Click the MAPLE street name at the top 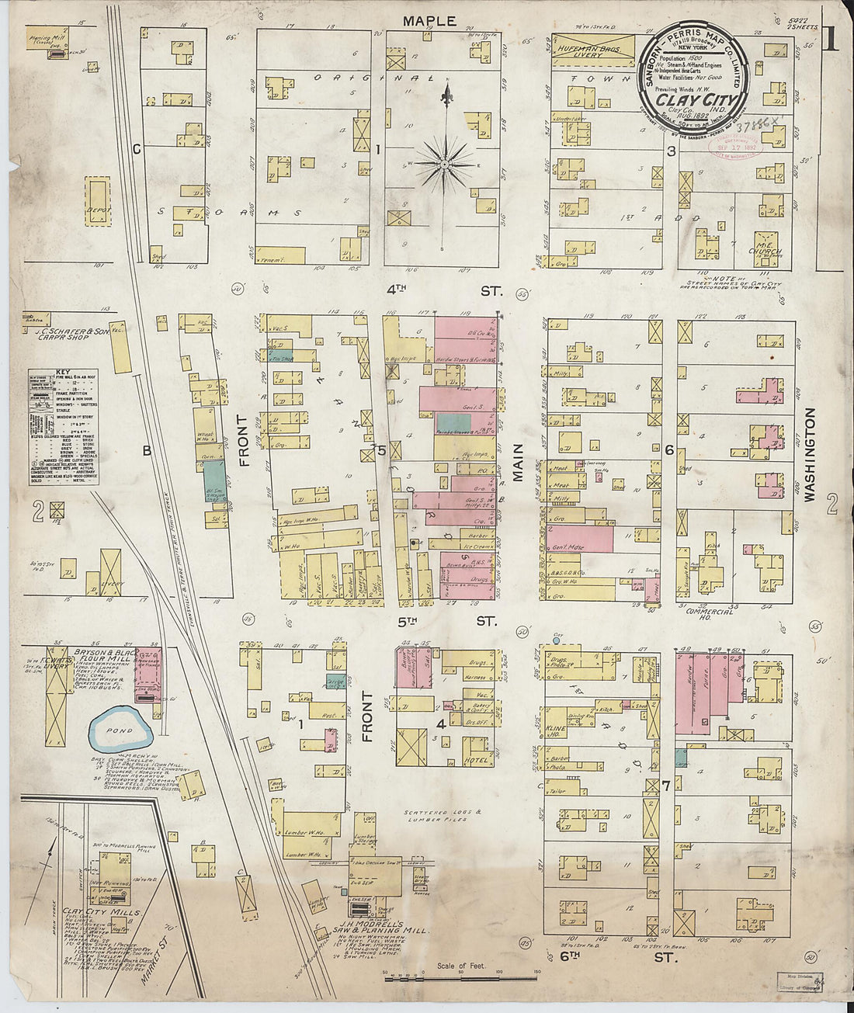pyautogui.click(x=429, y=21)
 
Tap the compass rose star pyautogui.click(x=445, y=164)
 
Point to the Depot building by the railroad pyautogui.click(x=98, y=202)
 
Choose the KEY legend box pyautogui.click(x=64, y=428)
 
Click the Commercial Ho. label pyautogui.click(x=710, y=616)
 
